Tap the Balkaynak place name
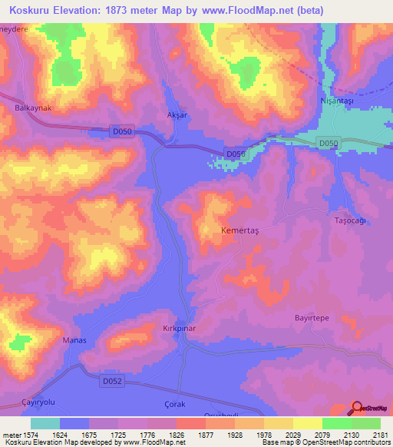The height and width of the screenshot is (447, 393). click(33, 108)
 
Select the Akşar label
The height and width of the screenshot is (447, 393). click(177, 115)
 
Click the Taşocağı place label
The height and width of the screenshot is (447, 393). click(353, 220)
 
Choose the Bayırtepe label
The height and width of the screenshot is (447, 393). click(312, 317)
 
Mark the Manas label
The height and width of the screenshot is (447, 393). click(74, 339)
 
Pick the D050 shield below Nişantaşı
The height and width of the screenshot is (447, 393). click(329, 143)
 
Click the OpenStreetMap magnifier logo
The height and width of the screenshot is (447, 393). click(358, 409)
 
